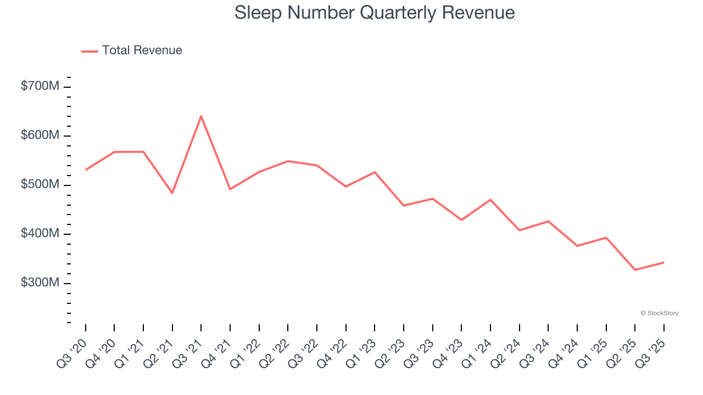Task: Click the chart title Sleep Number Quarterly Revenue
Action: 375,13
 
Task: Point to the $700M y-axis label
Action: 40,86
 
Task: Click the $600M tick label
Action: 40,136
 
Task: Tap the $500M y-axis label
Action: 40,184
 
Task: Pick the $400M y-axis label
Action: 40,234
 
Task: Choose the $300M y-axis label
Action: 40,283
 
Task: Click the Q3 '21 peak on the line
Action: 201,116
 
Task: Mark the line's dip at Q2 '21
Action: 172,193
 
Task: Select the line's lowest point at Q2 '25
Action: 635,270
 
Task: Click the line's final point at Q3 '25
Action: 663,262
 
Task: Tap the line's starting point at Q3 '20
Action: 86,170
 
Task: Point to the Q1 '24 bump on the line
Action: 490,200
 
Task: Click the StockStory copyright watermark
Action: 659,313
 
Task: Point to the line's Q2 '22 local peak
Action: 288,161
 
